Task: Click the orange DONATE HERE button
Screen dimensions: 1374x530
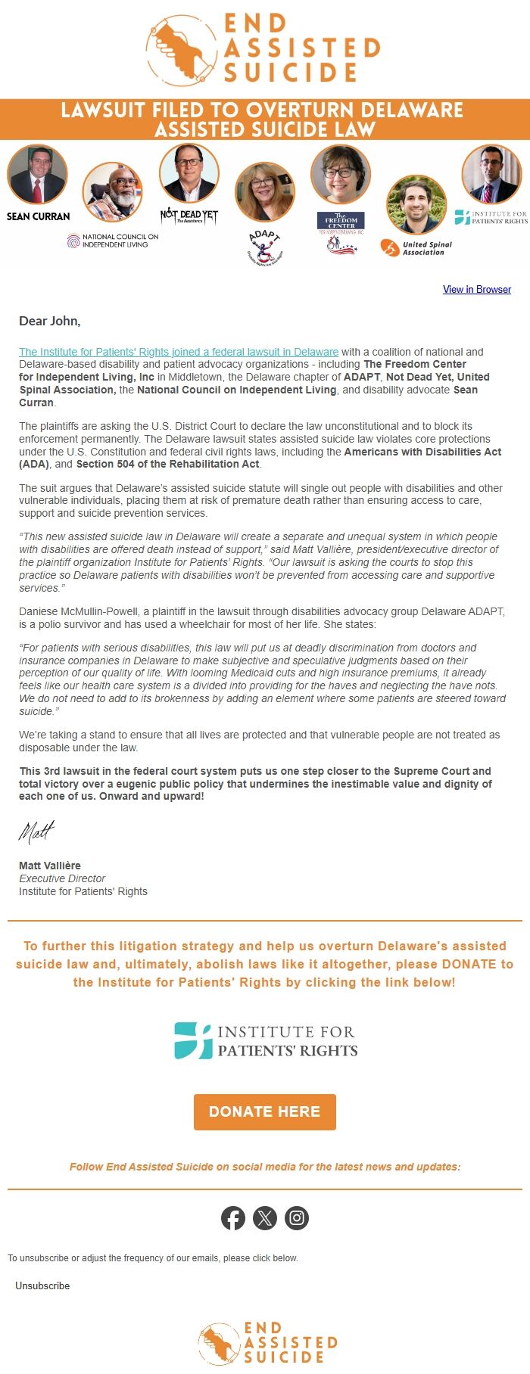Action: [x=264, y=1111]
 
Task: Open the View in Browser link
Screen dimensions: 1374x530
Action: [x=476, y=289]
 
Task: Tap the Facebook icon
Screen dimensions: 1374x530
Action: [x=233, y=1218]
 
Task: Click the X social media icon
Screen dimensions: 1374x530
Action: [x=265, y=1218]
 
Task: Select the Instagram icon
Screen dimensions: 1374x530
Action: [x=297, y=1218]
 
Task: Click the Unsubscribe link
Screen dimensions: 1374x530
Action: [x=42, y=1285]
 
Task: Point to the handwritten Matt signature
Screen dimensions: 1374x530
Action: [x=36, y=832]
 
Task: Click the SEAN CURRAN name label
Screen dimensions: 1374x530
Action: [x=38, y=216]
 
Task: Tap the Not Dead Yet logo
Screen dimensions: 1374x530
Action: [x=189, y=216]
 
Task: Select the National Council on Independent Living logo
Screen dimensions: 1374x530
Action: [x=113, y=241]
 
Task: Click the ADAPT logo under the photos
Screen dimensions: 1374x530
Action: [x=264, y=247]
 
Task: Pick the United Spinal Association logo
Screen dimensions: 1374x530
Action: [x=416, y=247]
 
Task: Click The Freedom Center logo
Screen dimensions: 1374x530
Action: [x=341, y=221]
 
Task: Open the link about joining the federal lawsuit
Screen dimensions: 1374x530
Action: [x=179, y=352]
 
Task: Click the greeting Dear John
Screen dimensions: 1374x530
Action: [x=49, y=321]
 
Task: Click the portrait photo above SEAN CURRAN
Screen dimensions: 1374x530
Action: [x=37, y=175]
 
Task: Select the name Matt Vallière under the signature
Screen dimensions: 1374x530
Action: [x=49, y=866]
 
